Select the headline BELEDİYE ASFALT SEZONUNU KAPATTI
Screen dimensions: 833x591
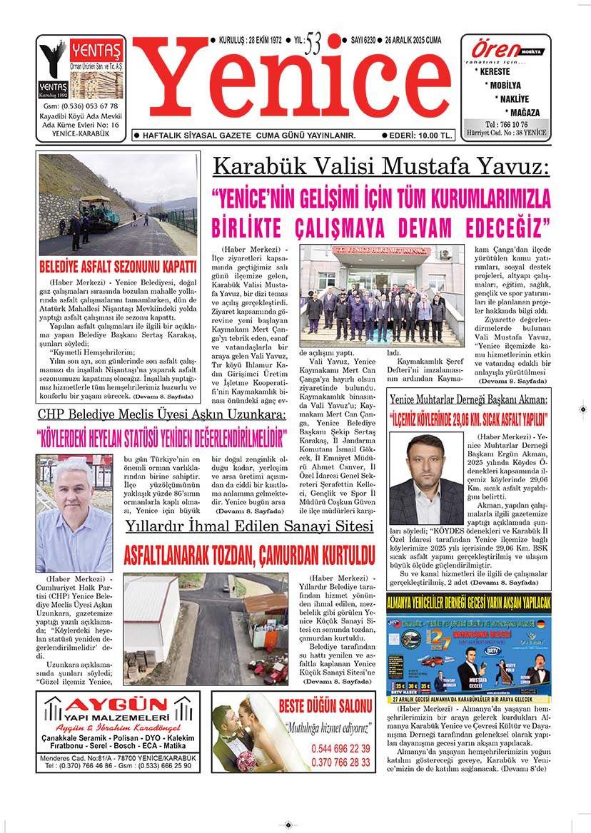click(x=118, y=268)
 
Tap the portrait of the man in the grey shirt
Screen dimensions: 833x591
click(x=74, y=513)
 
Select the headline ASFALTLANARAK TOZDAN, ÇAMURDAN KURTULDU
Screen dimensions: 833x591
click(x=249, y=554)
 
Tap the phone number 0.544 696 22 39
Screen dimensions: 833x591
click(x=340, y=749)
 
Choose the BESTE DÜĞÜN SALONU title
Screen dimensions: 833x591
click(x=325, y=707)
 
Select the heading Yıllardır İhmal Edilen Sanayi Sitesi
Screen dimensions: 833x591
click(x=249, y=526)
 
